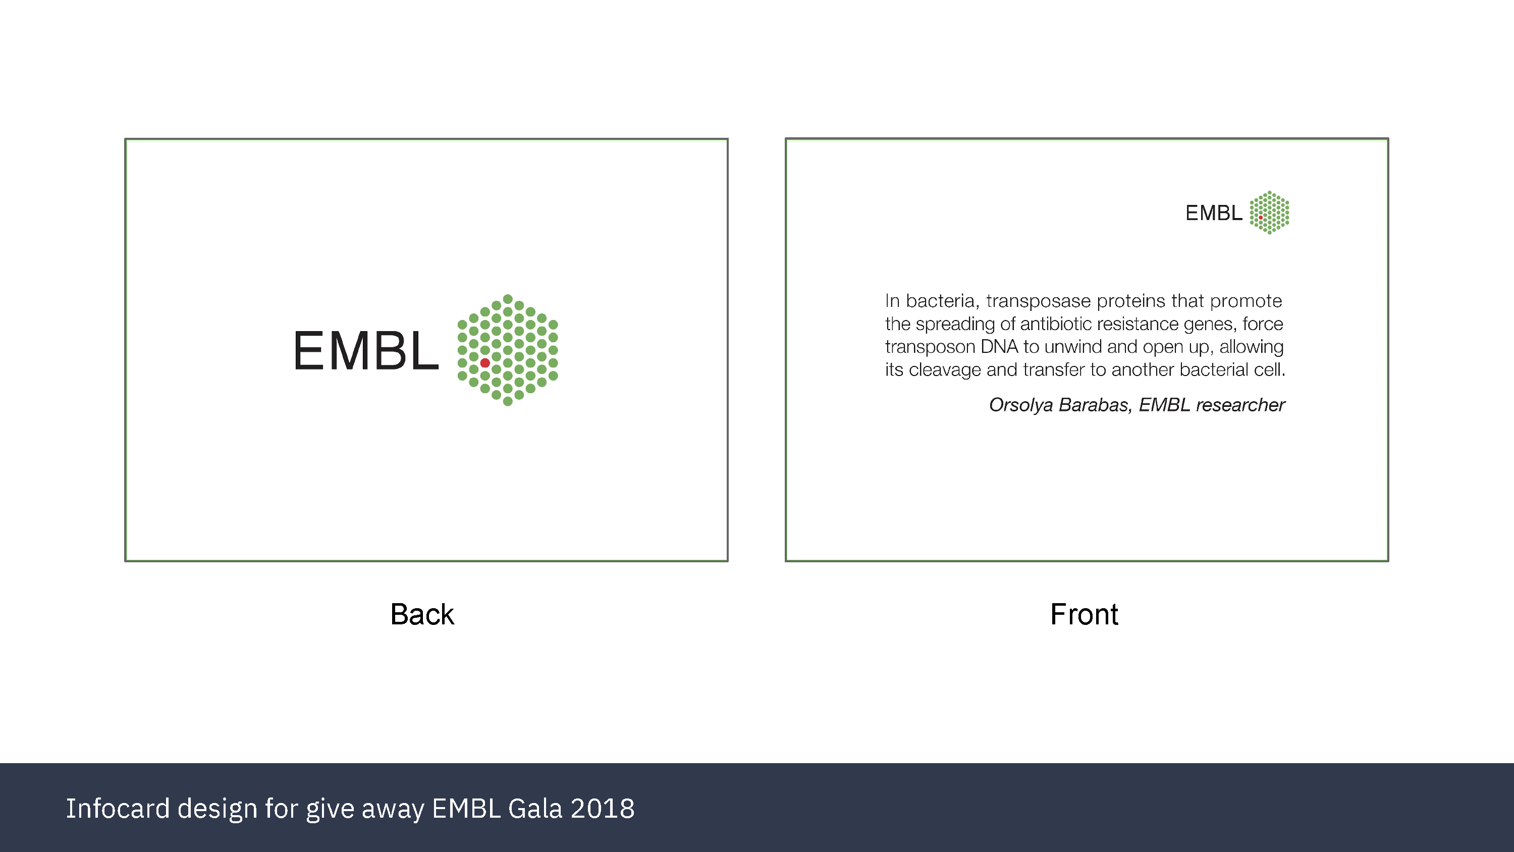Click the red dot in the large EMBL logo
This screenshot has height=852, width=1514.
click(485, 363)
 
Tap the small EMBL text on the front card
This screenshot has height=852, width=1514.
click(1214, 213)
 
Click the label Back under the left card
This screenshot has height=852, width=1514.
click(422, 614)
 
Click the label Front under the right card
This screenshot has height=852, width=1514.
click(1084, 614)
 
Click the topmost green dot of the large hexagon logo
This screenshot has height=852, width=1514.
click(508, 299)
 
